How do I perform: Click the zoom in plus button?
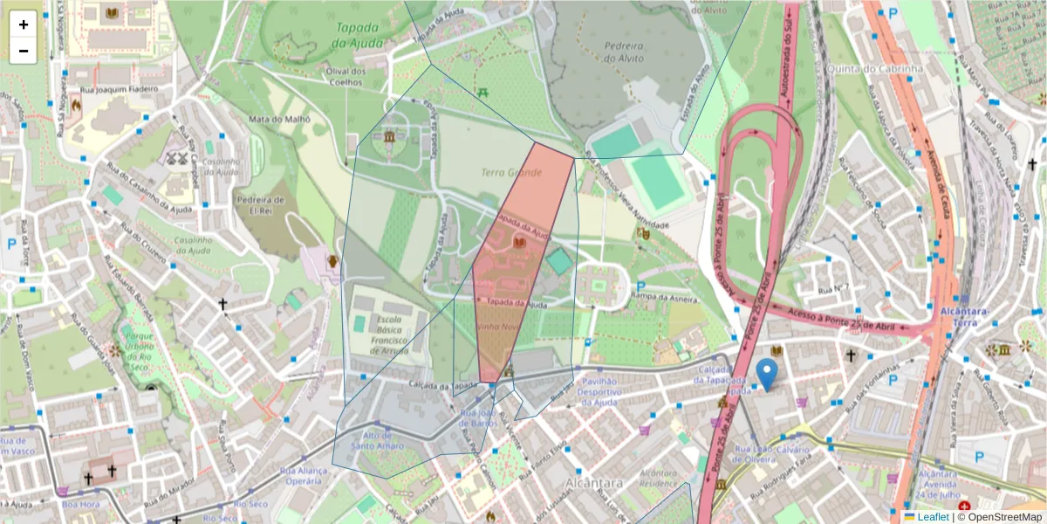24,24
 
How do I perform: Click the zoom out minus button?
24,51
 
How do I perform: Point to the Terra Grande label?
511,173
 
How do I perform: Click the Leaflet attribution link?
933,517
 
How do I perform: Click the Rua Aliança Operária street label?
305,476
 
